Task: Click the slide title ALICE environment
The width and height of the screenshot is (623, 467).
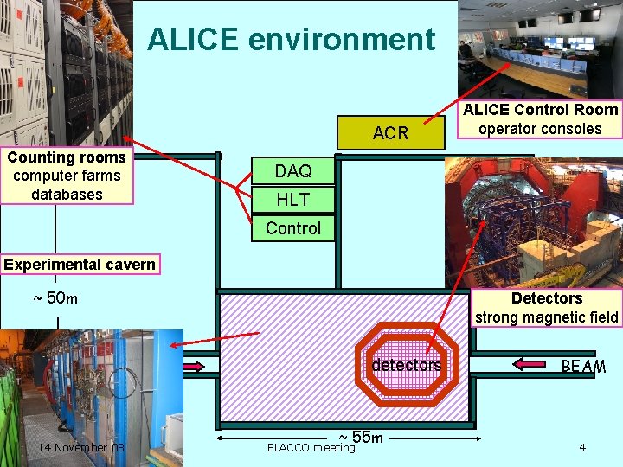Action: click(x=291, y=40)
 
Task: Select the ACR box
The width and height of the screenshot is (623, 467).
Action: click(x=390, y=132)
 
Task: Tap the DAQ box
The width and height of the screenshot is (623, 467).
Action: click(x=292, y=171)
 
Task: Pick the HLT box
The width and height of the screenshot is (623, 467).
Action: click(x=292, y=200)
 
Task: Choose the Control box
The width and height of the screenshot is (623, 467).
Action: click(x=292, y=228)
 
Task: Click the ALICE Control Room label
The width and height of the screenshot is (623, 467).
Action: click(x=540, y=119)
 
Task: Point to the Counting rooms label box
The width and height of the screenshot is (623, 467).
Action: click(x=67, y=176)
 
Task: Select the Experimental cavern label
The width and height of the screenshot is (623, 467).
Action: click(x=79, y=265)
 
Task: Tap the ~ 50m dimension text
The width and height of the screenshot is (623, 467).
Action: click(x=55, y=298)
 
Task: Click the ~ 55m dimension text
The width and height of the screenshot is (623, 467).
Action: click(x=361, y=437)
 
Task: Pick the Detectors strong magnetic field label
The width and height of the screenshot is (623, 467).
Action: click(x=547, y=307)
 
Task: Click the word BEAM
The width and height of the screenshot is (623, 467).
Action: click(x=583, y=367)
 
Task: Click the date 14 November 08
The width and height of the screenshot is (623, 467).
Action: click(x=81, y=447)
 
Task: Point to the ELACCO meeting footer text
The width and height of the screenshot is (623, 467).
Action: click(x=311, y=448)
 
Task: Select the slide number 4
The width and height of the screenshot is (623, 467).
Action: click(x=582, y=447)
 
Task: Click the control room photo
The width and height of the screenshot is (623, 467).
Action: click(x=539, y=49)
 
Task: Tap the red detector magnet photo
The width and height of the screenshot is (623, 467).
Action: click(x=533, y=221)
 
